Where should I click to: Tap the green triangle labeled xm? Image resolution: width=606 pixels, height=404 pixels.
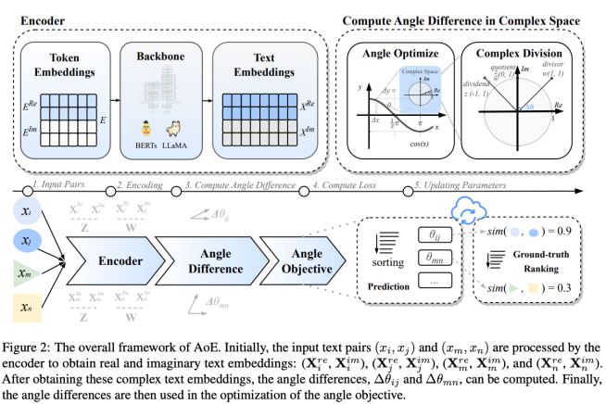24,275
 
